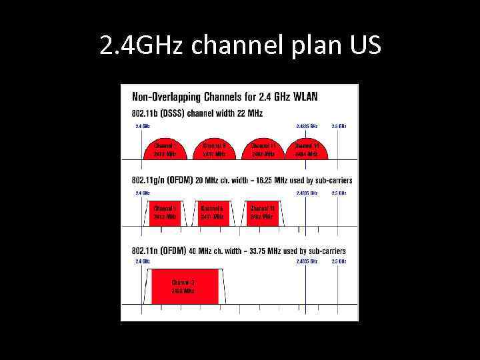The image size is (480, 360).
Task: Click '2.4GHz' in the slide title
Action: (x=138, y=45)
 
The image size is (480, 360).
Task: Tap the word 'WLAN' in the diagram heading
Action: (x=305, y=96)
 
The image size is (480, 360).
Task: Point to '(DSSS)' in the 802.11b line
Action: (x=169, y=113)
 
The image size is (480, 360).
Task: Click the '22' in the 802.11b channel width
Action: (x=245, y=113)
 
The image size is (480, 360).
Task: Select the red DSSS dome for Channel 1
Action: (x=163, y=151)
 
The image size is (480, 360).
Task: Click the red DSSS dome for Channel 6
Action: (x=214, y=151)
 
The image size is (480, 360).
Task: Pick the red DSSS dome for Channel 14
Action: (x=307, y=151)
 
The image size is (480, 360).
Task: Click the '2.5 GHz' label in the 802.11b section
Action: (x=339, y=125)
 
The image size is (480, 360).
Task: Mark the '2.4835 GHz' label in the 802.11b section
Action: (x=307, y=125)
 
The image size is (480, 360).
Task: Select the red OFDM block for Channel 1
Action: (x=163, y=213)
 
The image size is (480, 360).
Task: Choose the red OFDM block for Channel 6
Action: (x=213, y=213)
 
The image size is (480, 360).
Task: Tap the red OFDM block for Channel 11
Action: (x=262, y=213)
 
